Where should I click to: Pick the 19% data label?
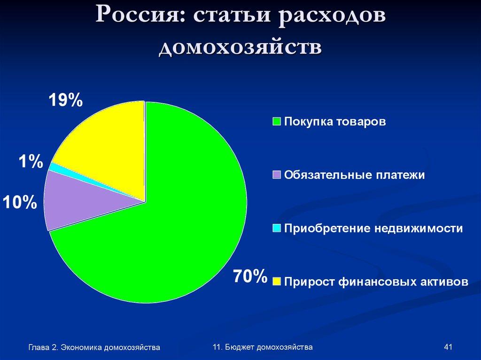(x=66, y=100)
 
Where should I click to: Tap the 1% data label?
(x=31, y=162)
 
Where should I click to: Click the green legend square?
(x=277, y=122)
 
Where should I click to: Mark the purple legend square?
(x=277, y=175)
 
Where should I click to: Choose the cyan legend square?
(x=277, y=229)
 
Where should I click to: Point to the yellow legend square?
(x=277, y=282)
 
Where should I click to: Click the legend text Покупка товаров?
(x=335, y=122)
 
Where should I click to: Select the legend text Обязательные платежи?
(x=355, y=175)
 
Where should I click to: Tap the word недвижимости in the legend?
(x=419, y=229)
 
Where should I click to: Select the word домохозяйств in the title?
(x=240, y=48)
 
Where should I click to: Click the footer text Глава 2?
(x=42, y=347)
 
